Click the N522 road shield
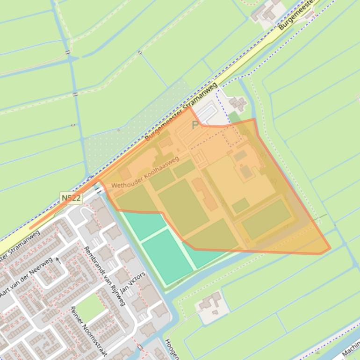[x=71, y=198]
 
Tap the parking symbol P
[x=195, y=125]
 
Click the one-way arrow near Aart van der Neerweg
[x=58, y=259]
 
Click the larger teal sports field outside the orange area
[x=167, y=256]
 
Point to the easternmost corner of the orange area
[x=330, y=249]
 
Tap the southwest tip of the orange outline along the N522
[x=32, y=228]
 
